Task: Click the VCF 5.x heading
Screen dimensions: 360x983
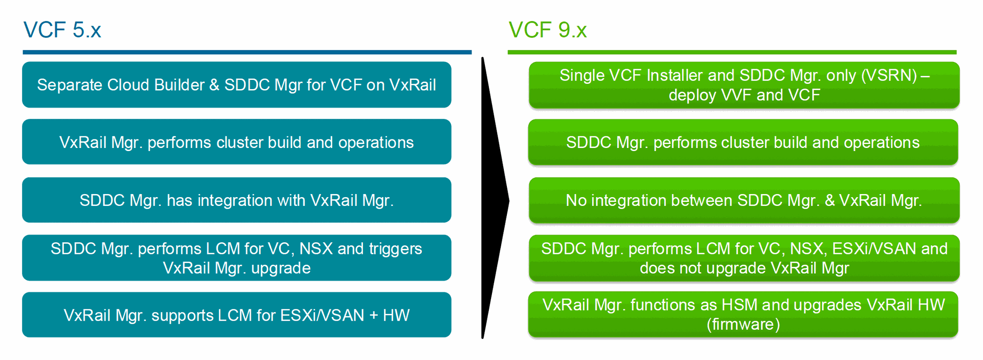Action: click(62, 30)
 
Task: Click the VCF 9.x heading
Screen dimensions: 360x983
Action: click(547, 30)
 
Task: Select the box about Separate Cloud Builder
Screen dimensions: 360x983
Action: click(237, 84)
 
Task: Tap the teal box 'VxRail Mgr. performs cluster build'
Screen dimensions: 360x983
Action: click(237, 142)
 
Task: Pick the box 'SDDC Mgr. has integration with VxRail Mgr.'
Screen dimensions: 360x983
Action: click(237, 200)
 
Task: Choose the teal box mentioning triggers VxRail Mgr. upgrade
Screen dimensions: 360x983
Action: click(237, 258)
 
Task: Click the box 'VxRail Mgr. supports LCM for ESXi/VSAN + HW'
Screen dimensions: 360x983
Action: click(237, 315)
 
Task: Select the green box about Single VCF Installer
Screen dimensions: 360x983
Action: click(744, 85)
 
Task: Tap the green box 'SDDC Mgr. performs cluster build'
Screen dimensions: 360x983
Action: click(743, 142)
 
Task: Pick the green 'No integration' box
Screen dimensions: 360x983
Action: click(744, 200)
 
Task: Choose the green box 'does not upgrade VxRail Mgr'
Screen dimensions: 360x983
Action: click(744, 258)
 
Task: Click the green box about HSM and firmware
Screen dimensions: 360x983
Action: click(743, 314)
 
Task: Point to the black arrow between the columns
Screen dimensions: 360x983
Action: click(494, 200)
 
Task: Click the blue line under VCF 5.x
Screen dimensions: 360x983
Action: click(247, 52)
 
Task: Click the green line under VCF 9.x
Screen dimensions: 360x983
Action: click(732, 52)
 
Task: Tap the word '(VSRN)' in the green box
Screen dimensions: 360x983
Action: click(889, 75)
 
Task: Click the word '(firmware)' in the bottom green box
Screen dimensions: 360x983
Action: click(743, 324)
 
